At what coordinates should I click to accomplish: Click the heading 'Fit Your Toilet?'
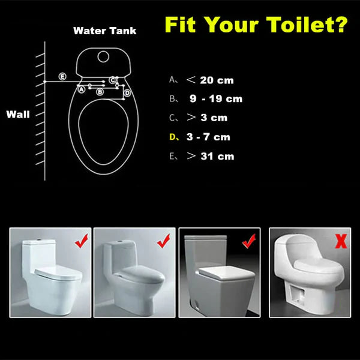click(256, 25)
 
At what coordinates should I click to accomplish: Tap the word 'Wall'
click(18, 114)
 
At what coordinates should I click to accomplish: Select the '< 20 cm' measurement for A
click(209, 80)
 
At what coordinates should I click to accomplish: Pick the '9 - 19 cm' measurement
click(215, 99)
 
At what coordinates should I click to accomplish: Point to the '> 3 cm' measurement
click(207, 118)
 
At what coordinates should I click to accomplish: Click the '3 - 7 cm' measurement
click(208, 137)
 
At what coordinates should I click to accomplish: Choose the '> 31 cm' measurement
click(209, 157)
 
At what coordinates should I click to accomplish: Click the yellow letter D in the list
click(173, 137)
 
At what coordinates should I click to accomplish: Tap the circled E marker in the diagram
click(62, 76)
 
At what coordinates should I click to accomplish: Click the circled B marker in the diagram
click(100, 92)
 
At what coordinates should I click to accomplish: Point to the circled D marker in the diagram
click(127, 92)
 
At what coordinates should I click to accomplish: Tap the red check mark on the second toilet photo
click(163, 242)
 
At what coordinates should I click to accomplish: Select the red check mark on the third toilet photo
click(247, 242)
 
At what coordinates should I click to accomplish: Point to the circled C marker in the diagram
click(112, 80)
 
